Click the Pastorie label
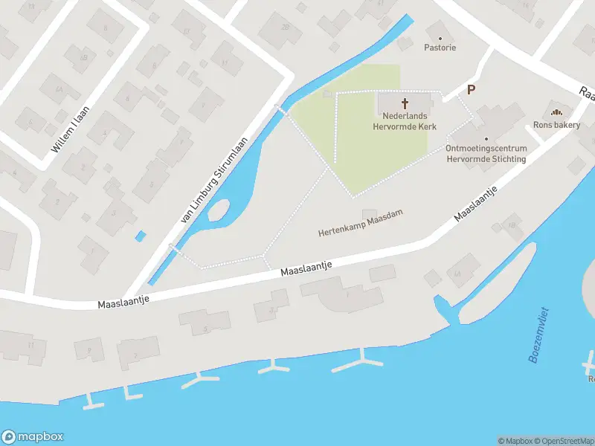tap(440, 48)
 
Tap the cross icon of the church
tap(405, 103)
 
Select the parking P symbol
tap(470, 90)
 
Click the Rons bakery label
tap(556, 125)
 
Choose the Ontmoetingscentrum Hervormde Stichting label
tap(486, 153)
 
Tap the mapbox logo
tap(32, 437)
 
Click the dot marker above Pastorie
tap(440, 37)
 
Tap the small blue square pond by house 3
tap(141, 236)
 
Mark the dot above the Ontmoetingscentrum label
tap(486, 138)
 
